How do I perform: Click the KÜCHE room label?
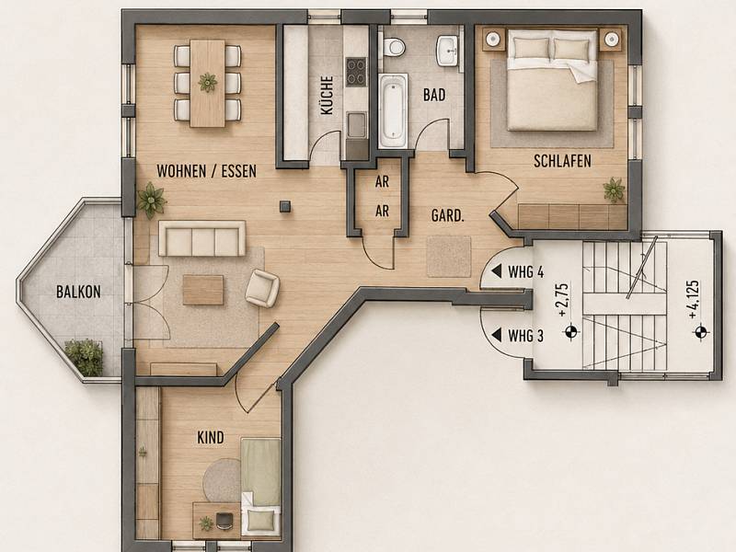click(327, 96)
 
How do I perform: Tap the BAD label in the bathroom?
click(434, 95)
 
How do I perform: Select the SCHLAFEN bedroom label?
click(562, 161)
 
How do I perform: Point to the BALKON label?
click(78, 292)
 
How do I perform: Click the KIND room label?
click(211, 438)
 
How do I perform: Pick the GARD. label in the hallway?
click(448, 216)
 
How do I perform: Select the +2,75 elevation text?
click(563, 300)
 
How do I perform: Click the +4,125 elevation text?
click(695, 300)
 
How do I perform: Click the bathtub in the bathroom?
click(392, 110)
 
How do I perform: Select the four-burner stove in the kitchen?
click(356, 72)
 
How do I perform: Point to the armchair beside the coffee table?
click(262, 289)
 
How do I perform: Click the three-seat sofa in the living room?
click(201, 238)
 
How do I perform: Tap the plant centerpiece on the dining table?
click(208, 83)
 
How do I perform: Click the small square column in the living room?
click(285, 206)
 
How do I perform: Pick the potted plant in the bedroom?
click(614, 190)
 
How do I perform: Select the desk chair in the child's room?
click(224, 520)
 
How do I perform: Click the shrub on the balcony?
click(85, 357)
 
